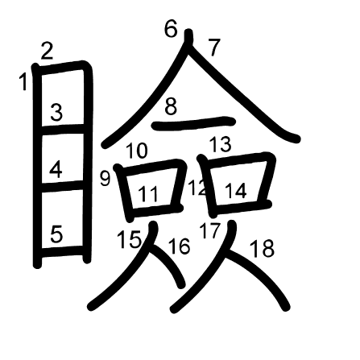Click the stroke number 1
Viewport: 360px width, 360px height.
tap(23, 81)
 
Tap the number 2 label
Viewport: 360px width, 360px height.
tap(47, 52)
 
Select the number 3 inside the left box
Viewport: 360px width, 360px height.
tap(56, 113)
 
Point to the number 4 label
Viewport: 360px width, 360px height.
tap(56, 169)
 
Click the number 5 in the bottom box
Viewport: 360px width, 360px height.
tap(56, 234)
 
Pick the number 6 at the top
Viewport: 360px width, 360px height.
tap(171, 30)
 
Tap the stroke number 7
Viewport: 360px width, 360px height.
tap(213, 48)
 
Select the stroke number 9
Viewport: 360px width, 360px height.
tap(105, 179)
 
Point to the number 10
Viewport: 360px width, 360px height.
tap(137, 151)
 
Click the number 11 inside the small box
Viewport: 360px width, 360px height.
tap(147, 194)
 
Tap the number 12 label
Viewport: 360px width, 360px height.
tap(197, 189)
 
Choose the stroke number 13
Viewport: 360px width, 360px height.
tap(220, 145)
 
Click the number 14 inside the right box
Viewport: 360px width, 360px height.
tap(236, 191)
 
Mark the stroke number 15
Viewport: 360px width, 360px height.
tap(129, 238)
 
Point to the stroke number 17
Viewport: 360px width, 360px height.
tap(210, 231)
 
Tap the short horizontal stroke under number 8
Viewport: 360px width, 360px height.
tap(193, 123)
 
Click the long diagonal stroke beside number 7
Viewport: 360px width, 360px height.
tap(250, 97)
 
